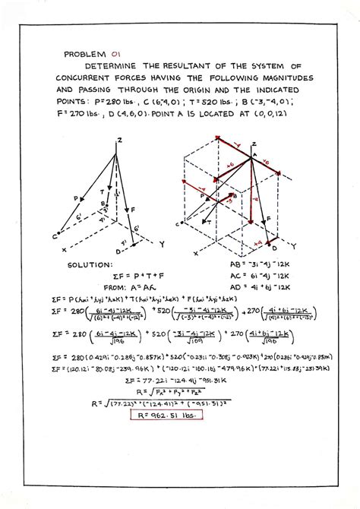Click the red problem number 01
point(115,54)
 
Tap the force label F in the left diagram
point(134,207)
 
